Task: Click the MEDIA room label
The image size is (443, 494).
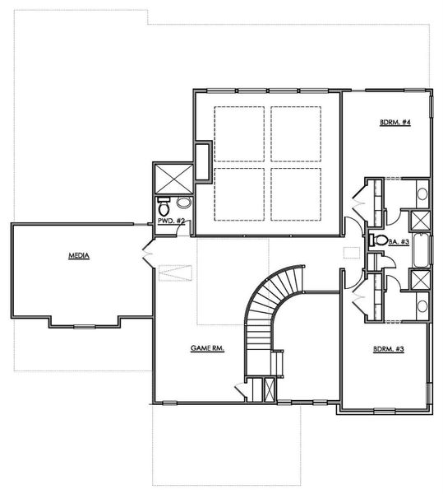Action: [79, 257]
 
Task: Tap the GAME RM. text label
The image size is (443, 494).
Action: [208, 348]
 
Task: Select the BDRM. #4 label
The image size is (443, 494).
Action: [395, 123]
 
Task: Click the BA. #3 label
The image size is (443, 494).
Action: [399, 241]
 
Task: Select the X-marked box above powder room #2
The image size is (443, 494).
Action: [172, 177]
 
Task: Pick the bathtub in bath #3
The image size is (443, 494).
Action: [419, 250]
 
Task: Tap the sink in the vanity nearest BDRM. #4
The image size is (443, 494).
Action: [421, 195]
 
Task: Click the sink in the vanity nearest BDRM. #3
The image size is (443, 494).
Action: [421, 306]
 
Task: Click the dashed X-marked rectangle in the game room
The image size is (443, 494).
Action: [174, 273]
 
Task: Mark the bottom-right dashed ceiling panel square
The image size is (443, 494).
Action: [297, 193]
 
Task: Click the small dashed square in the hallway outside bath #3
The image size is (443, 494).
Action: [351, 253]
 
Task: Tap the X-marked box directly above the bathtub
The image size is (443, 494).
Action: [419, 221]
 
